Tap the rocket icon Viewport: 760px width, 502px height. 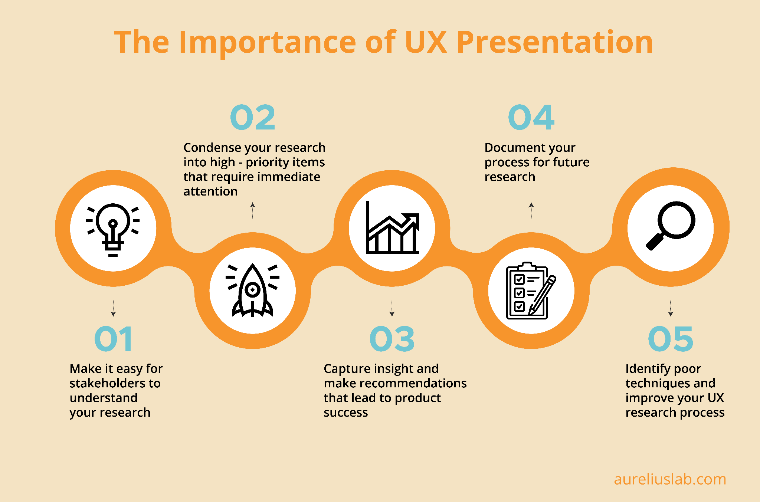pyautogui.click(x=252, y=291)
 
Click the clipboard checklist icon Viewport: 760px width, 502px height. pyautogui.click(x=531, y=291)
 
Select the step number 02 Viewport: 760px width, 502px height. pyautogui.click(x=253, y=118)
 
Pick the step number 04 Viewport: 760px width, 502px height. pyautogui.click(x=531, y=118)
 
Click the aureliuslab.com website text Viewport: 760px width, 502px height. pyautogui.click(x=670, y=479)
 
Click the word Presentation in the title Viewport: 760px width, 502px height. pyautogui.click(x=555, y=43)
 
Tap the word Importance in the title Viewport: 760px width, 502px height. pyautogui.click(x=267, y=43)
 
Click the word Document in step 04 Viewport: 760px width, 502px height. pyautogui.click(x=511, y=147)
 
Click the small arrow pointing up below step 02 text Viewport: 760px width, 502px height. pyautogui.click(x=253, y=210)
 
